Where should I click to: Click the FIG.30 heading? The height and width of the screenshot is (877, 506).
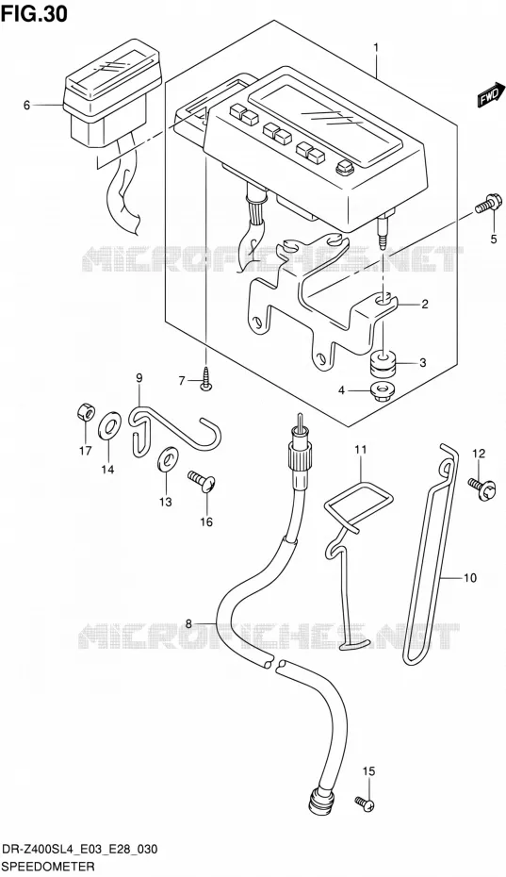coord(34,13)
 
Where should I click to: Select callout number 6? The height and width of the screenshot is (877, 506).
coord(26,105)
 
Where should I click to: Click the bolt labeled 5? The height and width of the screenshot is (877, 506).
coord(490,204)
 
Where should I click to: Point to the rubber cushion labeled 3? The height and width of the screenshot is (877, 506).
coord(384,364)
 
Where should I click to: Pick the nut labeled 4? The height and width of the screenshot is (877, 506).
coord(382,389)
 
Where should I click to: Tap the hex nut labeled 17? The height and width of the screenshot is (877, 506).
coord(86,414)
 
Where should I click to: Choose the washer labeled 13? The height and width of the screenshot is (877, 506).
coord(167,458)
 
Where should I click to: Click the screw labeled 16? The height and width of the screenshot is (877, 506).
coord(203,481)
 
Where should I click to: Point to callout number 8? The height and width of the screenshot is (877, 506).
coord(188,623)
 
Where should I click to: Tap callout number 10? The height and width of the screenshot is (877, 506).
coord(470,578)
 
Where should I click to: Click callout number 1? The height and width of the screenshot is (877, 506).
coord(376,48)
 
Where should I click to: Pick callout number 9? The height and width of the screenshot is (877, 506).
coord(139,378)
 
